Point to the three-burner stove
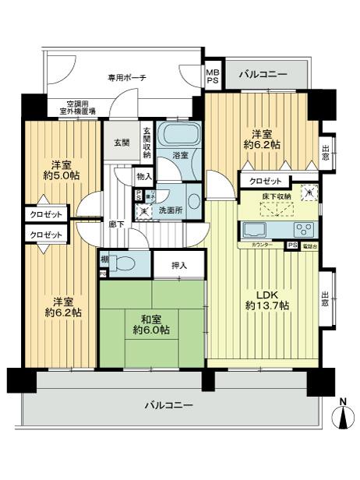click(303, 229)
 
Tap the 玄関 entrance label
click(122, 143)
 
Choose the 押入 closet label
click(179, 266)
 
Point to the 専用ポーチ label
click(127, 78)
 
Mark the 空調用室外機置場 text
click(70, 108)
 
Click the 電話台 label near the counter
click(309, 246)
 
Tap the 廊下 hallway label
click(115, 224)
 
